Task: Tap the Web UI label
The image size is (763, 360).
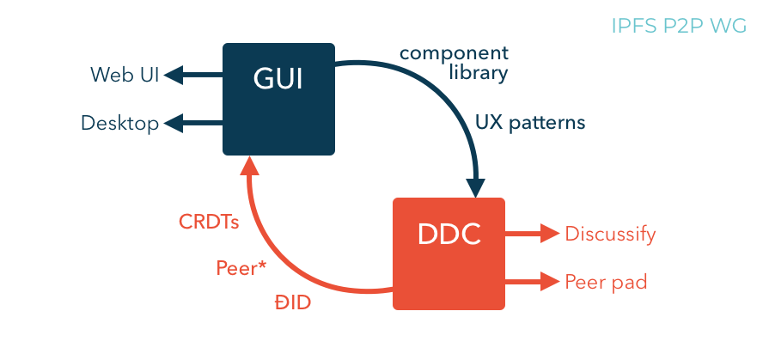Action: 124,76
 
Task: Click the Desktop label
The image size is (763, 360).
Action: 120,124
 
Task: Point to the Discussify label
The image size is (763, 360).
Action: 610,234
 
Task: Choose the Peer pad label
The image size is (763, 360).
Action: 606,282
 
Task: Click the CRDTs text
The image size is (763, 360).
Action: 209,222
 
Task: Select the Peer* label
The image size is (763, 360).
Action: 241,268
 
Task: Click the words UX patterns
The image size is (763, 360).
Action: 530,123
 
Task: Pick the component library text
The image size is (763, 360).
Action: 454,64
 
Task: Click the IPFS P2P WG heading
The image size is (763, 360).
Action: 679,26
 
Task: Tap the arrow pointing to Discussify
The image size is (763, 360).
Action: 533,233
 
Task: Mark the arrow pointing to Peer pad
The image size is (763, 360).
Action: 533,281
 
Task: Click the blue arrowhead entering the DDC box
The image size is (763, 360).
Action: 475,186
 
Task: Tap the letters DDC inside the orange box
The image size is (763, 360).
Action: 449,234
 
